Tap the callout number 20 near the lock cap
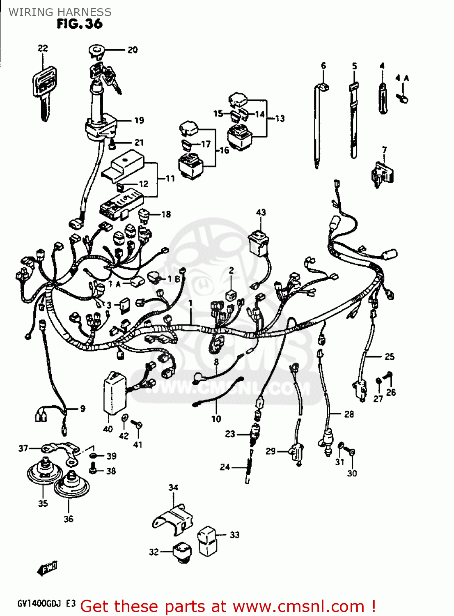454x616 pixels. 132,50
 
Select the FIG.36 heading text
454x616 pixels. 80,24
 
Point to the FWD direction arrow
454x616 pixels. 47,568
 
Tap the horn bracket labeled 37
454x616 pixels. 59,449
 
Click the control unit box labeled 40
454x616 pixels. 114,392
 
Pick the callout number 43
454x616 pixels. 261,212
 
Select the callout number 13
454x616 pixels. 280,119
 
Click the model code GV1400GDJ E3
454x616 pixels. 46,604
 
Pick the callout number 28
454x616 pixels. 349,414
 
